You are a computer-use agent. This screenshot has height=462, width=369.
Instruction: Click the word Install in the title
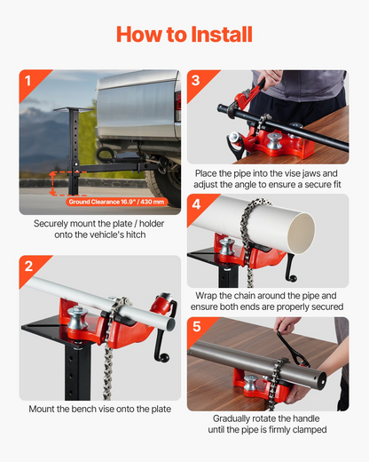click(x=222, y=35)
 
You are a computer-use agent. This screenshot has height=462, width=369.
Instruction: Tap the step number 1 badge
click(x=28, y=81)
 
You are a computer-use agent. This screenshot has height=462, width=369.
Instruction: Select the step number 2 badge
click(x=28, y=267)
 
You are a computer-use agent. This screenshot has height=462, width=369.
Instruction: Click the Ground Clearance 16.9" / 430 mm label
click(x=116, y=202)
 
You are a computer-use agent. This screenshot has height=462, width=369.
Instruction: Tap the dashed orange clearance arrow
click(x=52, y=183)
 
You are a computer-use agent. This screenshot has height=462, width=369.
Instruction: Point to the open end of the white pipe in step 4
click(x=301, y=234)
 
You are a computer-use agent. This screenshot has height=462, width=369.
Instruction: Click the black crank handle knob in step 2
click(x=165, y=359)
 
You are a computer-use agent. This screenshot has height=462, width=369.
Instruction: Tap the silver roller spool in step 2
click(x=77, y=317)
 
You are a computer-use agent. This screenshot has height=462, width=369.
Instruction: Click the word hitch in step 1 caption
click(x=136, y=235)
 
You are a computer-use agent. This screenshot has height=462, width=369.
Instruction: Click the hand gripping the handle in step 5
click(x=285, y=324)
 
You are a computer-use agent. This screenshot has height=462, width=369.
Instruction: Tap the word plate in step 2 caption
click(x=161, y=409)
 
